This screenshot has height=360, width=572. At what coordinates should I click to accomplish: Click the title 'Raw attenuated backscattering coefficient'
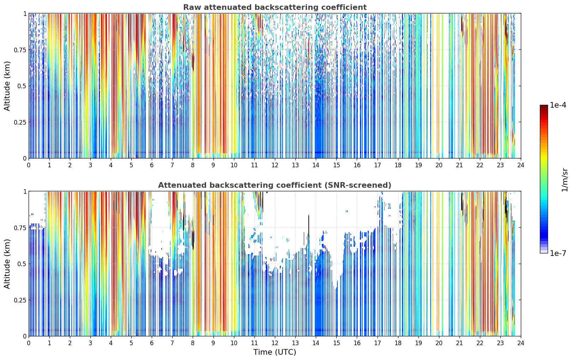275,7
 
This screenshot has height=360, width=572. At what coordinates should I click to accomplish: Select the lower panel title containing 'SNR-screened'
275,185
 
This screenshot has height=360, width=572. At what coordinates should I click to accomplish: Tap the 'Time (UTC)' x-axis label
275,352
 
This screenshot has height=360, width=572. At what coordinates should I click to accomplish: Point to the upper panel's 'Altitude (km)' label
7,86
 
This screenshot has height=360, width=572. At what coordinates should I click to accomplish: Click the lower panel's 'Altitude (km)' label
7,264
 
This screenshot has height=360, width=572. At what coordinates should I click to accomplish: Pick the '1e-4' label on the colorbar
558,105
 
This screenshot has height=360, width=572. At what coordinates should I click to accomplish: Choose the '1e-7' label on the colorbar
558,253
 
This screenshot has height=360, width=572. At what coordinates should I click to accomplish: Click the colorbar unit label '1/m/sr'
565,180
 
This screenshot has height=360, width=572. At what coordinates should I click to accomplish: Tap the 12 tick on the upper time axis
275,165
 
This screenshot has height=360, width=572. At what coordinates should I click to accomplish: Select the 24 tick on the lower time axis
521,343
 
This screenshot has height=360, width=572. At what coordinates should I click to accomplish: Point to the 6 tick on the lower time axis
152,343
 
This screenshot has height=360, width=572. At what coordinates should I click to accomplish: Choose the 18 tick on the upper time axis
398,165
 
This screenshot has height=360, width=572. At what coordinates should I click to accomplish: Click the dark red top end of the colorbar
544,106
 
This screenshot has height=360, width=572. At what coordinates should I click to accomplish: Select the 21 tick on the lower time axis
459,343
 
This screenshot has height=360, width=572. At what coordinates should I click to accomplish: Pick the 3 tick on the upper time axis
90,165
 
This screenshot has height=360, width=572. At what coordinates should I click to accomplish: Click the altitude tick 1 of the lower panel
25,192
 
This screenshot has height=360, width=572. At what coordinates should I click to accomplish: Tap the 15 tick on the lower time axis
336,343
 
